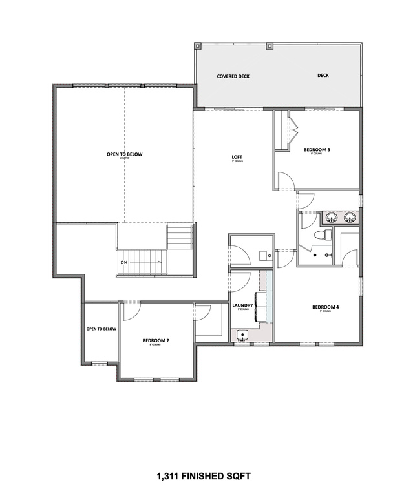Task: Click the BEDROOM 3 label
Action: [x=317, y=150]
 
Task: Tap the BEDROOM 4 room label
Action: [x=321, y=307]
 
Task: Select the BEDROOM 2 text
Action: [x=156, y=340]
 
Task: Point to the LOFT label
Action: [x=237, y=157]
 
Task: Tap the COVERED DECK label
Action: [x=233, y=76]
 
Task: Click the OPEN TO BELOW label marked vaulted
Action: [x=125, y=154]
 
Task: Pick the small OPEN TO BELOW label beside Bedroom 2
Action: [x=101, y=329]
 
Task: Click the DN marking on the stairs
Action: [x=123, y=262]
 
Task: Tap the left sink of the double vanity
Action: [x=330, y=217]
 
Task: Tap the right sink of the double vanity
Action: [x=350, y=217]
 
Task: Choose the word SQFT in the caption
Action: [x=239, y=477]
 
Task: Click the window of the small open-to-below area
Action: [x=100, y=364]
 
